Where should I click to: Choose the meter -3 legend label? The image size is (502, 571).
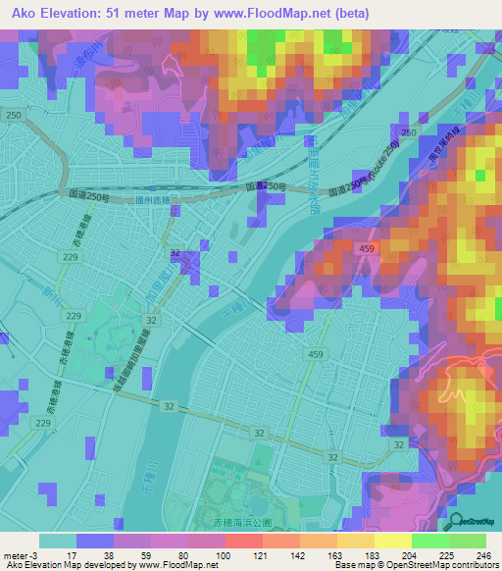click(19, 555)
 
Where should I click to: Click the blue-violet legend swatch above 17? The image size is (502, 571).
click(95, 541)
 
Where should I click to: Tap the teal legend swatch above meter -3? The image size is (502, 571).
click(58, 541)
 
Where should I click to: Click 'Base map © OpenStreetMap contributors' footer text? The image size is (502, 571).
click(414, 566)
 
